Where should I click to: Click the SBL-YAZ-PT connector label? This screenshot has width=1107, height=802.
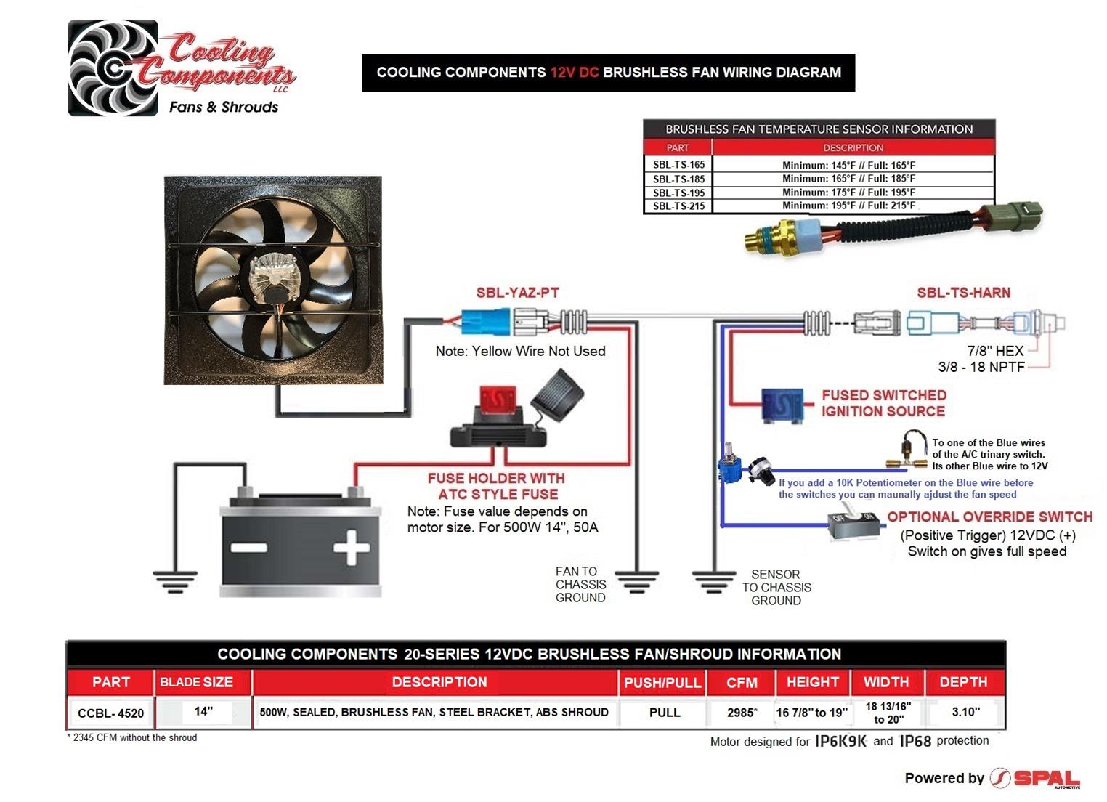[517, 293]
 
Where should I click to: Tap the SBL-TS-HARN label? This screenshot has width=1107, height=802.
[963, 293]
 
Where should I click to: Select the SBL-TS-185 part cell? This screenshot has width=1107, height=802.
[678, 179]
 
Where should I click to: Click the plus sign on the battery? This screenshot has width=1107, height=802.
[352, 547]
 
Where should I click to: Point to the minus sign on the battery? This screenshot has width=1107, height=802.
[248, 548]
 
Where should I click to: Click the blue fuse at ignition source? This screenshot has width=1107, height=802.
[782, 404]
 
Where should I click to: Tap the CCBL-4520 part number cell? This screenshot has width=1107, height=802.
[111, 713]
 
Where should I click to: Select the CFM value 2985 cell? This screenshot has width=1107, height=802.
[741, 713]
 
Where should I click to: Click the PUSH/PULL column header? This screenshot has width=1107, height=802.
[662, 683]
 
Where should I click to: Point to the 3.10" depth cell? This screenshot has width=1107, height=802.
[965, 712]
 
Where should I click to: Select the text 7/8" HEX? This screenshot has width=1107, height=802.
[994, 351]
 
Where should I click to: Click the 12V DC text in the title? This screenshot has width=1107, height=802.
[574, 73]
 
